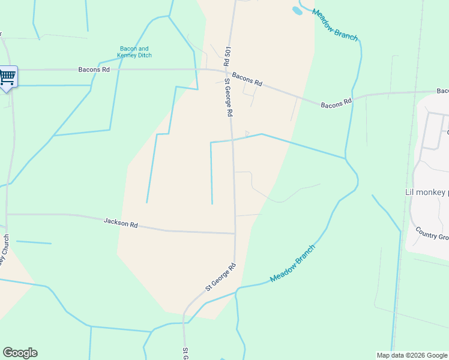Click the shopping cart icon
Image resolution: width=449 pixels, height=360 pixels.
click(x=7, y=76)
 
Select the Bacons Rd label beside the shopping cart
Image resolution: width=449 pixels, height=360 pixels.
click(x=94, y=70)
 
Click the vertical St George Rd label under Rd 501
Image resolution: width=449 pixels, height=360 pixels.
click(x=229, y=97)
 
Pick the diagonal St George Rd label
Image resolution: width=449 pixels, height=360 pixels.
click(x=220, y=277)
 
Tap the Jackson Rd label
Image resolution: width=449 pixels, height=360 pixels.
click(x=121, y=223)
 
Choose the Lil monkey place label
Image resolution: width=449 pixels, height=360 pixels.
click(x=427, y=193)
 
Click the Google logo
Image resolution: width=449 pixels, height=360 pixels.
click(x=20, y=353)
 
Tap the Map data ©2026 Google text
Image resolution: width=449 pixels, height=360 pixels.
click(x=412, y=355)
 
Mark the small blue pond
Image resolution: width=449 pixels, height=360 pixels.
click(x=297, y=10)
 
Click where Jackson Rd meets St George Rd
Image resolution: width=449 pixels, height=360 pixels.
click(x=235, y=233)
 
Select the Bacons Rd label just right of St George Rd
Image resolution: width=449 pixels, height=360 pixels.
click(x=247, y=79)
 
